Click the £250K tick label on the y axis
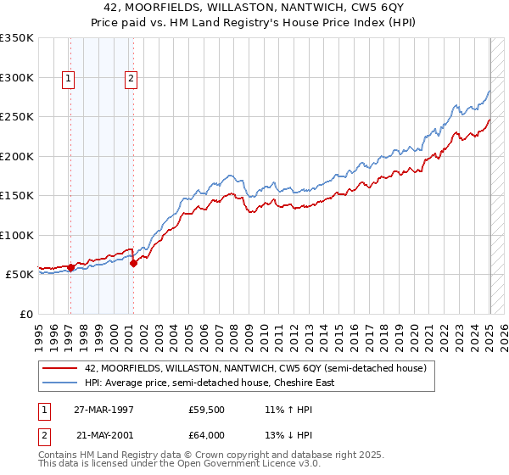(17, 116)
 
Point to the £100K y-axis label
(17, 235)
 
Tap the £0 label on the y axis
(25, 314)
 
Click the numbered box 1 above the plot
(69, 80)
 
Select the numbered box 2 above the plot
(131, 80)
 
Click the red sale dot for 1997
(70, 267)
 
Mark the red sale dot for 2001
(133, 264)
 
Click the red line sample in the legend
(60, 368)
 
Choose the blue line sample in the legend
(60, 383)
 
